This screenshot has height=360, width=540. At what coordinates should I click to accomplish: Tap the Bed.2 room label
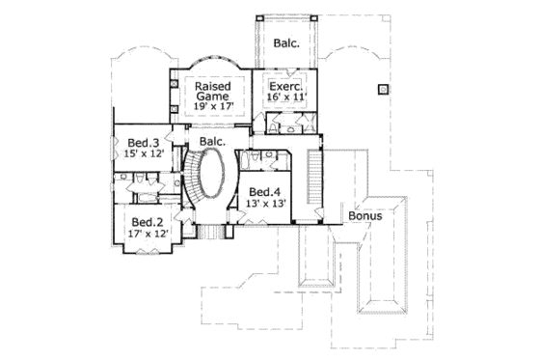143,221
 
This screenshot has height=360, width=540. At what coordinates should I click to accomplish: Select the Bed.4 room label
262,192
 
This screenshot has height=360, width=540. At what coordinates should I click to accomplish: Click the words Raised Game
211,91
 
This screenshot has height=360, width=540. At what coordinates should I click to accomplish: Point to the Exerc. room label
285,85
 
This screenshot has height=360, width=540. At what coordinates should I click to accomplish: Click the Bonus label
365,216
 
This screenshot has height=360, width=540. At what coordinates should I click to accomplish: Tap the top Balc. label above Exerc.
285,42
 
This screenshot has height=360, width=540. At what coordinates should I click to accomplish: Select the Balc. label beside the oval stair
213,142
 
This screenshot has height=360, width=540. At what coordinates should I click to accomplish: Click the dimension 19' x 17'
211,108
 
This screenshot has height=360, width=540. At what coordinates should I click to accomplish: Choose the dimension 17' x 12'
143,234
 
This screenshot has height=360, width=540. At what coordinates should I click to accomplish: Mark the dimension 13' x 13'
262,204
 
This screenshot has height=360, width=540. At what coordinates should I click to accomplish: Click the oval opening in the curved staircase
213,180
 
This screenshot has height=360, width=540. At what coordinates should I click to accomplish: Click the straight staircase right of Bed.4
312,179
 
